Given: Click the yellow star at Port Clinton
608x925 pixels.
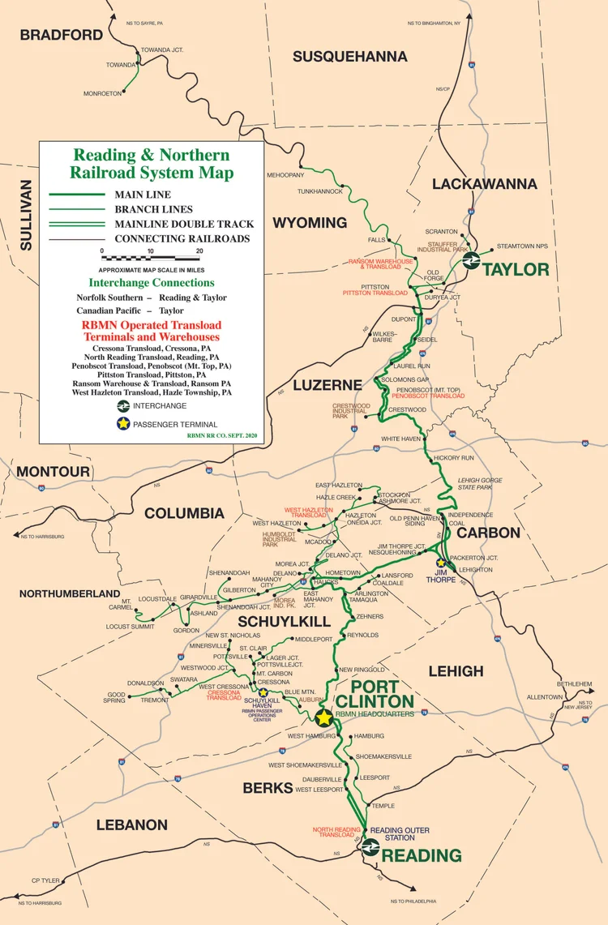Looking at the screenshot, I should (x=324, y=717).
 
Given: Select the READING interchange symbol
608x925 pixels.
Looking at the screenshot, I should (x=369, y=848).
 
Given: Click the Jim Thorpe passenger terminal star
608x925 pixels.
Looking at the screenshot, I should (x=441, y=563).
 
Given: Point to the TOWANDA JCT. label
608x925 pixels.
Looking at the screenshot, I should (x=162, y=50).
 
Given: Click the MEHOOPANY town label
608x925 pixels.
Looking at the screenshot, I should (x=285, y=175).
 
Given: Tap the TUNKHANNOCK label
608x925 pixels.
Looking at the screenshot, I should (x=317, y=191).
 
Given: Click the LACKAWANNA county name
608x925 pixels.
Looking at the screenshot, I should (x=484, y=184).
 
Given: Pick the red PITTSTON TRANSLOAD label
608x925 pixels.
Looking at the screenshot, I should (x=375, y=293).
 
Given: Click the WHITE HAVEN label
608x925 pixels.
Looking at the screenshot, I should (x=402, y=439).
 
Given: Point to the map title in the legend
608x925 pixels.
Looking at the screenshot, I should (x=152, y=163).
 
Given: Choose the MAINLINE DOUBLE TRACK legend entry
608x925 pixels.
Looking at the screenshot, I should (x=184, y=224).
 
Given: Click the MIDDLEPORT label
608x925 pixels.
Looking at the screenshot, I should (x=314, y=640).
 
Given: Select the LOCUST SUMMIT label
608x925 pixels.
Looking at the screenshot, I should (x=131, y=627).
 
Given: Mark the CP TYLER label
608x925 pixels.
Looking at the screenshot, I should (x=46, y=880).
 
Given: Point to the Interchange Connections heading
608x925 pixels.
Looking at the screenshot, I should (x=152, y=283).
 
